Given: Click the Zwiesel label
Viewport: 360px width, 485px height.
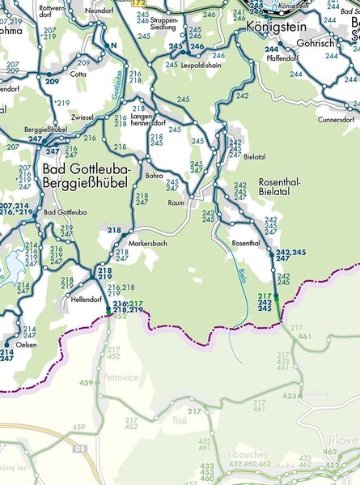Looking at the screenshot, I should [x=82, y=117].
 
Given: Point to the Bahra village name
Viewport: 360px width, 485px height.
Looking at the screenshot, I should [x=154, y=175].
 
